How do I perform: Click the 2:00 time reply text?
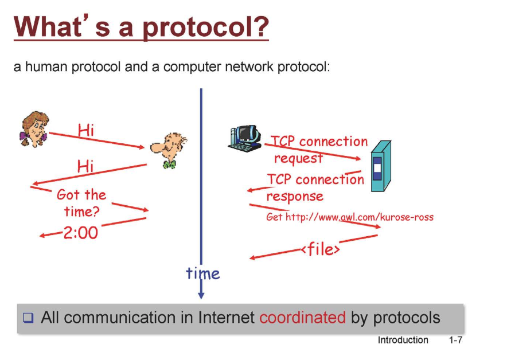click(80, 233)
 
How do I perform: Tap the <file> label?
click(320, 250)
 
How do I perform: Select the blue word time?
click(202, 273)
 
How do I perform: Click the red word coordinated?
click(302, 318)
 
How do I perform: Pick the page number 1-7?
click(456, 340)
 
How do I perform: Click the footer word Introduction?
click(403, 340)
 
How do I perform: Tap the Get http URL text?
click(350, 217)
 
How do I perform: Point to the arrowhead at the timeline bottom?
click(201, 295)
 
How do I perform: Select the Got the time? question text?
click(81, 203)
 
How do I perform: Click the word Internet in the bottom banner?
click(222, 318)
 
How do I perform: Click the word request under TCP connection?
click(298, 157)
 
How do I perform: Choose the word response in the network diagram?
click(295, 196)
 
